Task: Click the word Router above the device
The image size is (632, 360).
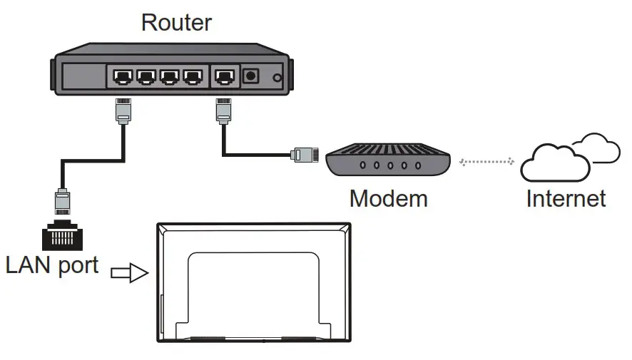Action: point(176,22)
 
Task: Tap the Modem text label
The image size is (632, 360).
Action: point(388,197)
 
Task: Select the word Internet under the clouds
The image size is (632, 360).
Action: point(566,197)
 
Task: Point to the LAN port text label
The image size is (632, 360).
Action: point(51,265)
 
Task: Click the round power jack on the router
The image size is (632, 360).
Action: point(251,75)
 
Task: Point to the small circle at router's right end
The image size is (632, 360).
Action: point(277,77)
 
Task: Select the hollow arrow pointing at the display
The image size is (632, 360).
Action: point(129,274)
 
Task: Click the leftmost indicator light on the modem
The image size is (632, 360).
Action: point(362,165)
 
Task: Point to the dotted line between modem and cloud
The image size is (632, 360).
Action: point(487,162)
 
